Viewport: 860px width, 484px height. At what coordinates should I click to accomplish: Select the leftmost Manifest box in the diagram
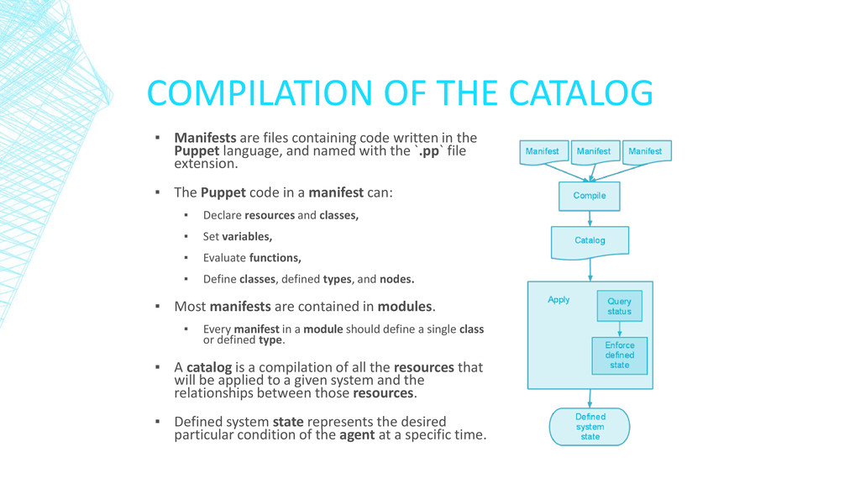(543, 152)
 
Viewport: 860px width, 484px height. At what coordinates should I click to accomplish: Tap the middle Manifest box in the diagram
(594, 152)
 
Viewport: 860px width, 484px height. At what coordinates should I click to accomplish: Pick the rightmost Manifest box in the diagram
(645, 152)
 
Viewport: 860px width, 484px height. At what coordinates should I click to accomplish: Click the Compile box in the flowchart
(590, 196)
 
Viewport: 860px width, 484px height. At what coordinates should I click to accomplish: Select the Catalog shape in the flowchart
(590, 241)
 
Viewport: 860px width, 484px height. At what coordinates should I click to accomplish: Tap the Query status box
(619, 307)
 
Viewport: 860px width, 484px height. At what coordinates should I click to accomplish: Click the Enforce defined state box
(620, 355)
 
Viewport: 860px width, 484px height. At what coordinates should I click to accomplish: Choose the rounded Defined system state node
(590, 427)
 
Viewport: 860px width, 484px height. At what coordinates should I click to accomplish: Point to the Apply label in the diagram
(558, 300)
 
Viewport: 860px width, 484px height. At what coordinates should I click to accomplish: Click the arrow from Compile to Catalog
(590, 218)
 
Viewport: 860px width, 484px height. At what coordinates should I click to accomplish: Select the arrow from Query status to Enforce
(620, 330)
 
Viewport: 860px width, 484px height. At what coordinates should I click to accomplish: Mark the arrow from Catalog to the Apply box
(590, 269)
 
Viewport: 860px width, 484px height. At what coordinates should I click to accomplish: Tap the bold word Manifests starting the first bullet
(205, 138)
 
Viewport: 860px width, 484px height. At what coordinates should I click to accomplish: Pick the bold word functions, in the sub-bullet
(275, 258)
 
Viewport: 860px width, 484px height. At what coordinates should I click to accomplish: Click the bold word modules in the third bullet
(405, 307)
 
